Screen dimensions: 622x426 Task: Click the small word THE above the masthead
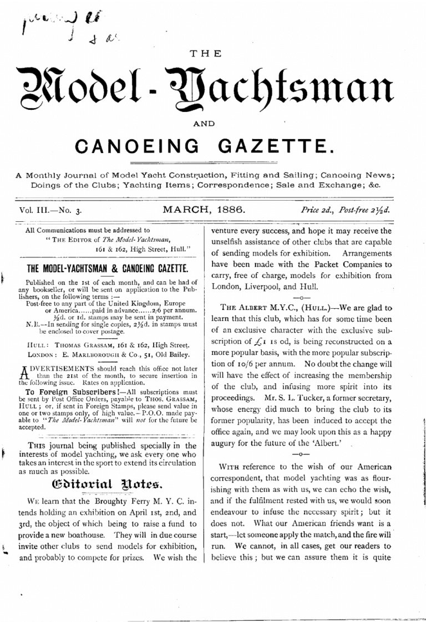pyautogui.click(x=205, y=54)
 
